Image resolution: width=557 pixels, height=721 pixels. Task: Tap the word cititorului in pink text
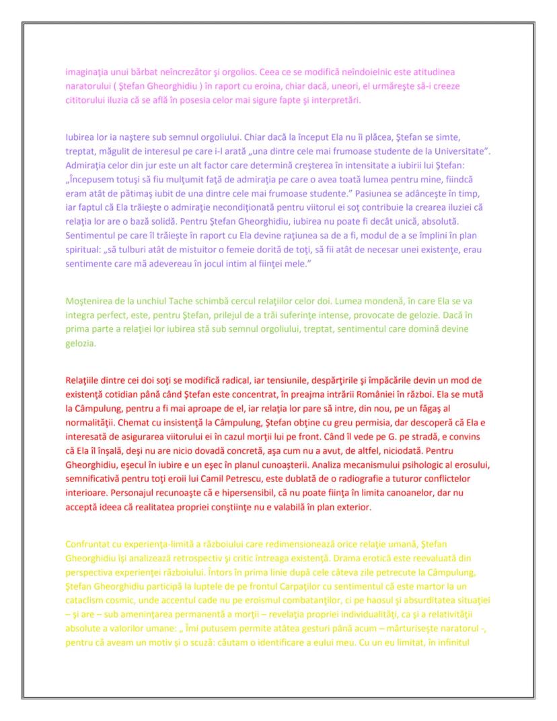(x=85, y=101)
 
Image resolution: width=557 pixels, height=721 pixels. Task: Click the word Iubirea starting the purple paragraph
(x=81, y=137)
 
